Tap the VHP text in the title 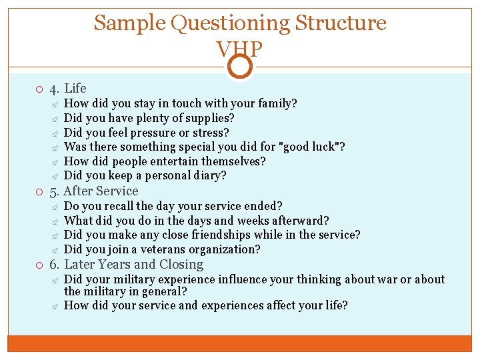point(240,49)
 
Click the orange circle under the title point(240,66)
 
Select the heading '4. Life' point(68,88)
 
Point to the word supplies point(212,118)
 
